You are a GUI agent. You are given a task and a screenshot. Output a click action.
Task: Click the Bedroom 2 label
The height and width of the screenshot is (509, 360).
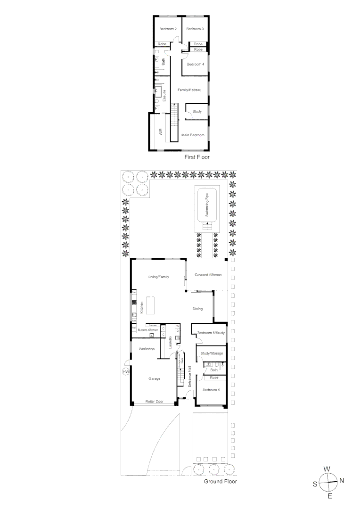coord(168,29)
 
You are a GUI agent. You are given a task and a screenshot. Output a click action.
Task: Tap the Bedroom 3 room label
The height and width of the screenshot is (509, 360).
coord(195,29)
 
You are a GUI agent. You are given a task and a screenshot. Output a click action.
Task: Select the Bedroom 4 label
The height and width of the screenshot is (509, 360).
coord(196,64)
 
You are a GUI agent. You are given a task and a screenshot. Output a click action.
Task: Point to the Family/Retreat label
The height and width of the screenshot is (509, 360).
coord(189,90)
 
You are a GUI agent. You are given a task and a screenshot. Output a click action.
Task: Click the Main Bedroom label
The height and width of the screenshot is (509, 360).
coord(193,135)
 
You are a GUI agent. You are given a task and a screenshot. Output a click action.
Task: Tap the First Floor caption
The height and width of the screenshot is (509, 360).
coord(197,157)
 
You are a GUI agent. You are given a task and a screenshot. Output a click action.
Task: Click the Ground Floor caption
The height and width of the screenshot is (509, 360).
coord(220,482)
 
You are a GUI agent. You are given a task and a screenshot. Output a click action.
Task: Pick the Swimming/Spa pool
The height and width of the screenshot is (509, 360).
coord(206,206)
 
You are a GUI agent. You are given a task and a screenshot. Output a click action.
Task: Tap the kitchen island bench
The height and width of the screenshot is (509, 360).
coord(151,306)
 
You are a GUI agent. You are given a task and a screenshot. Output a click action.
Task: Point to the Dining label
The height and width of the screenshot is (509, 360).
coord(197,309)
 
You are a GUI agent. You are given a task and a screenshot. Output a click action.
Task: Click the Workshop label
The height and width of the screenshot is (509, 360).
coord(147,349)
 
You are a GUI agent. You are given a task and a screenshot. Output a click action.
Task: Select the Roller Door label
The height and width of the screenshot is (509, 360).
coord(154,402)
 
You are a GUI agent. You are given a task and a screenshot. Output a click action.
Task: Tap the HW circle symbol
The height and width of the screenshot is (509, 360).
coord(125,372)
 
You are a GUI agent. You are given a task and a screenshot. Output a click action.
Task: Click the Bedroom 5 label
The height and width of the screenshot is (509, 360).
coord(211,390)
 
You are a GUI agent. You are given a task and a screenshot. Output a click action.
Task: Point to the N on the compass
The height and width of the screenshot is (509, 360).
coord(342,481)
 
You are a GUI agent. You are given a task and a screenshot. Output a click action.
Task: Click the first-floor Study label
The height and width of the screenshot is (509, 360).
coord(197,111)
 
